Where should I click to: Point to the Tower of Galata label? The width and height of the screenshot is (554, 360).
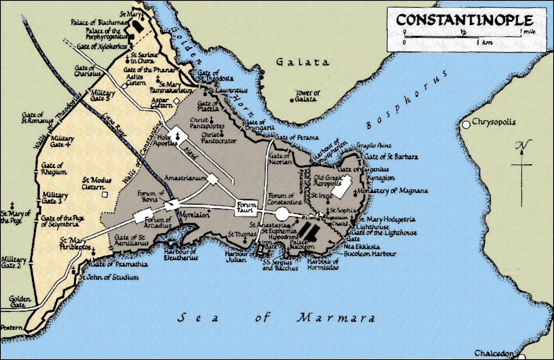[308, 96]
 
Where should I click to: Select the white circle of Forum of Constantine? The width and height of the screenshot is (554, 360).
[282, 213]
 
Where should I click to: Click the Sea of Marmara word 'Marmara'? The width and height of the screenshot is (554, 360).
[335, 317]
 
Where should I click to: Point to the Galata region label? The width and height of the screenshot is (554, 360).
[302, 62]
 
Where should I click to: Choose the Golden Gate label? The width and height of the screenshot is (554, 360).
[19, 302]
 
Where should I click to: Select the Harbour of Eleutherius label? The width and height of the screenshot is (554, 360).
[180, 255]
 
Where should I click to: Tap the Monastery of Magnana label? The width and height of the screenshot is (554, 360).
[392, 191]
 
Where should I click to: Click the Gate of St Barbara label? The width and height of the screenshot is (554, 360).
[391, 157]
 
